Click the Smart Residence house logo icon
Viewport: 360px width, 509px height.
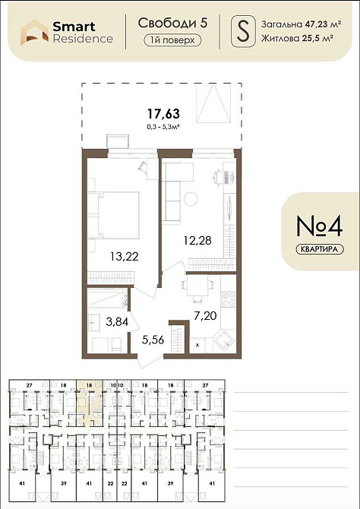(x=33, y=31)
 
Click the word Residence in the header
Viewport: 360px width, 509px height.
(x=83, y=39)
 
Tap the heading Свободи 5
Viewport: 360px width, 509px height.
(x=172, y=24)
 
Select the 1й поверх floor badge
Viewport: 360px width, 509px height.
(x=172, y=41)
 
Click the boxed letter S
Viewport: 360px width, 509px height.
(x=242, y=31)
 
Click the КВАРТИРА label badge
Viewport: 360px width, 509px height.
(x=316, y=248)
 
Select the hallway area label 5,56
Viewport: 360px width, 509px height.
(x=148, y=340)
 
